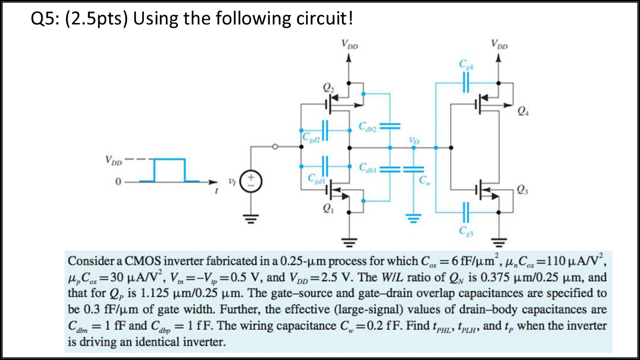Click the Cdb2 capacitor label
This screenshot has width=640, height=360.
click(x=367, y=127)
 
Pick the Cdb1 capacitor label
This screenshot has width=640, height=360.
click(x=367, y=168)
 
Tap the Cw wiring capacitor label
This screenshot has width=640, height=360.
click(x=424, y=180)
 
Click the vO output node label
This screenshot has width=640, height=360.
click(x=413, y=140)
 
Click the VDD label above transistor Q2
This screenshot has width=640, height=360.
click(x=350, y=45)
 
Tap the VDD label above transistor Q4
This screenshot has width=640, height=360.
click(x=500, y=45)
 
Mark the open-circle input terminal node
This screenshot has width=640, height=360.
click(x=276, y=147)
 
